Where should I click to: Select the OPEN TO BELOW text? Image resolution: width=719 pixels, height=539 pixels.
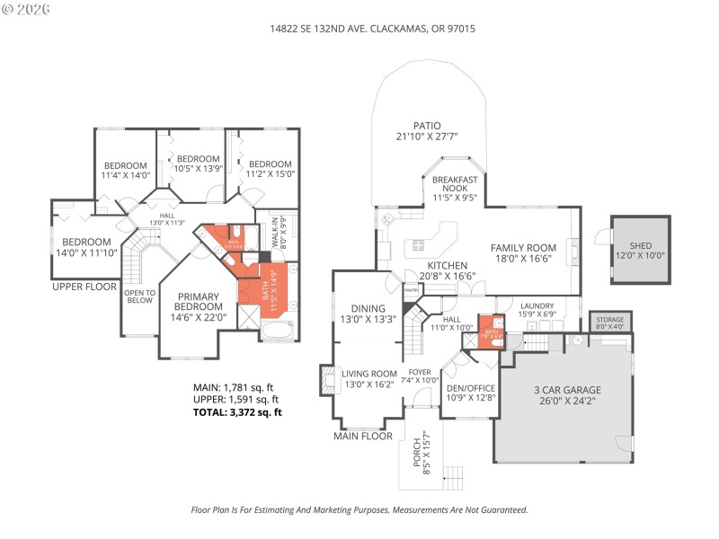pyautogui.click(x=139, y=296)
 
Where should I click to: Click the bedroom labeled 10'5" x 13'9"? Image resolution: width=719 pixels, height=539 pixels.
pyautogui.click(x=190, y=163)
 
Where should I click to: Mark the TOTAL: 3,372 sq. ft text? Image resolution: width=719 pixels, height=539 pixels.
pyautogui.click(x=237, y=412)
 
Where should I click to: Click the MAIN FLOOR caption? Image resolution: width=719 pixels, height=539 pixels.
pyautogui.click(x=363, y=436)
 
